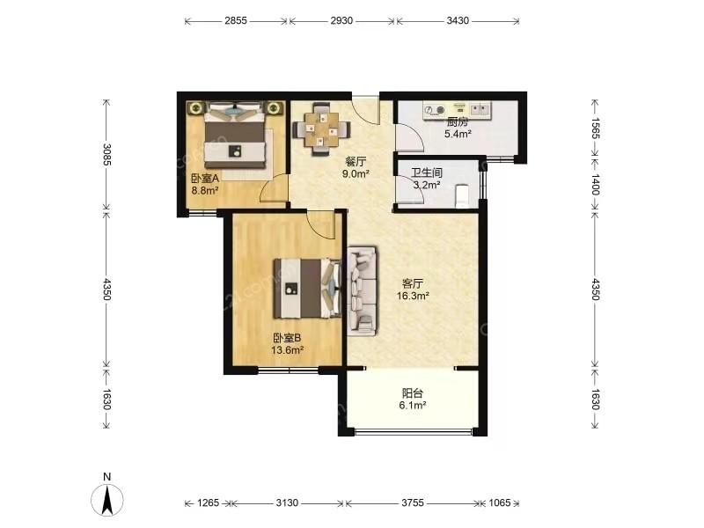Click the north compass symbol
(x=106, y=499)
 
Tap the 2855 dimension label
(x=236, y=20)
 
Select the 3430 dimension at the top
(x=458, y=20)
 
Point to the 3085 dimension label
(x=106, y=154)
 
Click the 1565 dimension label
(x=595, y=128)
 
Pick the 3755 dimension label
(x=412, y=502)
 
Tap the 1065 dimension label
(x=499, y=502)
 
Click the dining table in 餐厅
(x=321, y=129)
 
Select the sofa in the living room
(x=363, y=291)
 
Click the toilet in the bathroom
(x=462, y=196)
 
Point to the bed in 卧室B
(x=307, y=289)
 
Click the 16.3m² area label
(x=413, y=296)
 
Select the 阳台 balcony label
(x=412, y=393)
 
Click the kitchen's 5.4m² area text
(x=458, y=134)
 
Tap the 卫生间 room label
(x=427, y=172)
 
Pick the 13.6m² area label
(x=288, y=350)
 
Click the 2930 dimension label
(x=341, y=20)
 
